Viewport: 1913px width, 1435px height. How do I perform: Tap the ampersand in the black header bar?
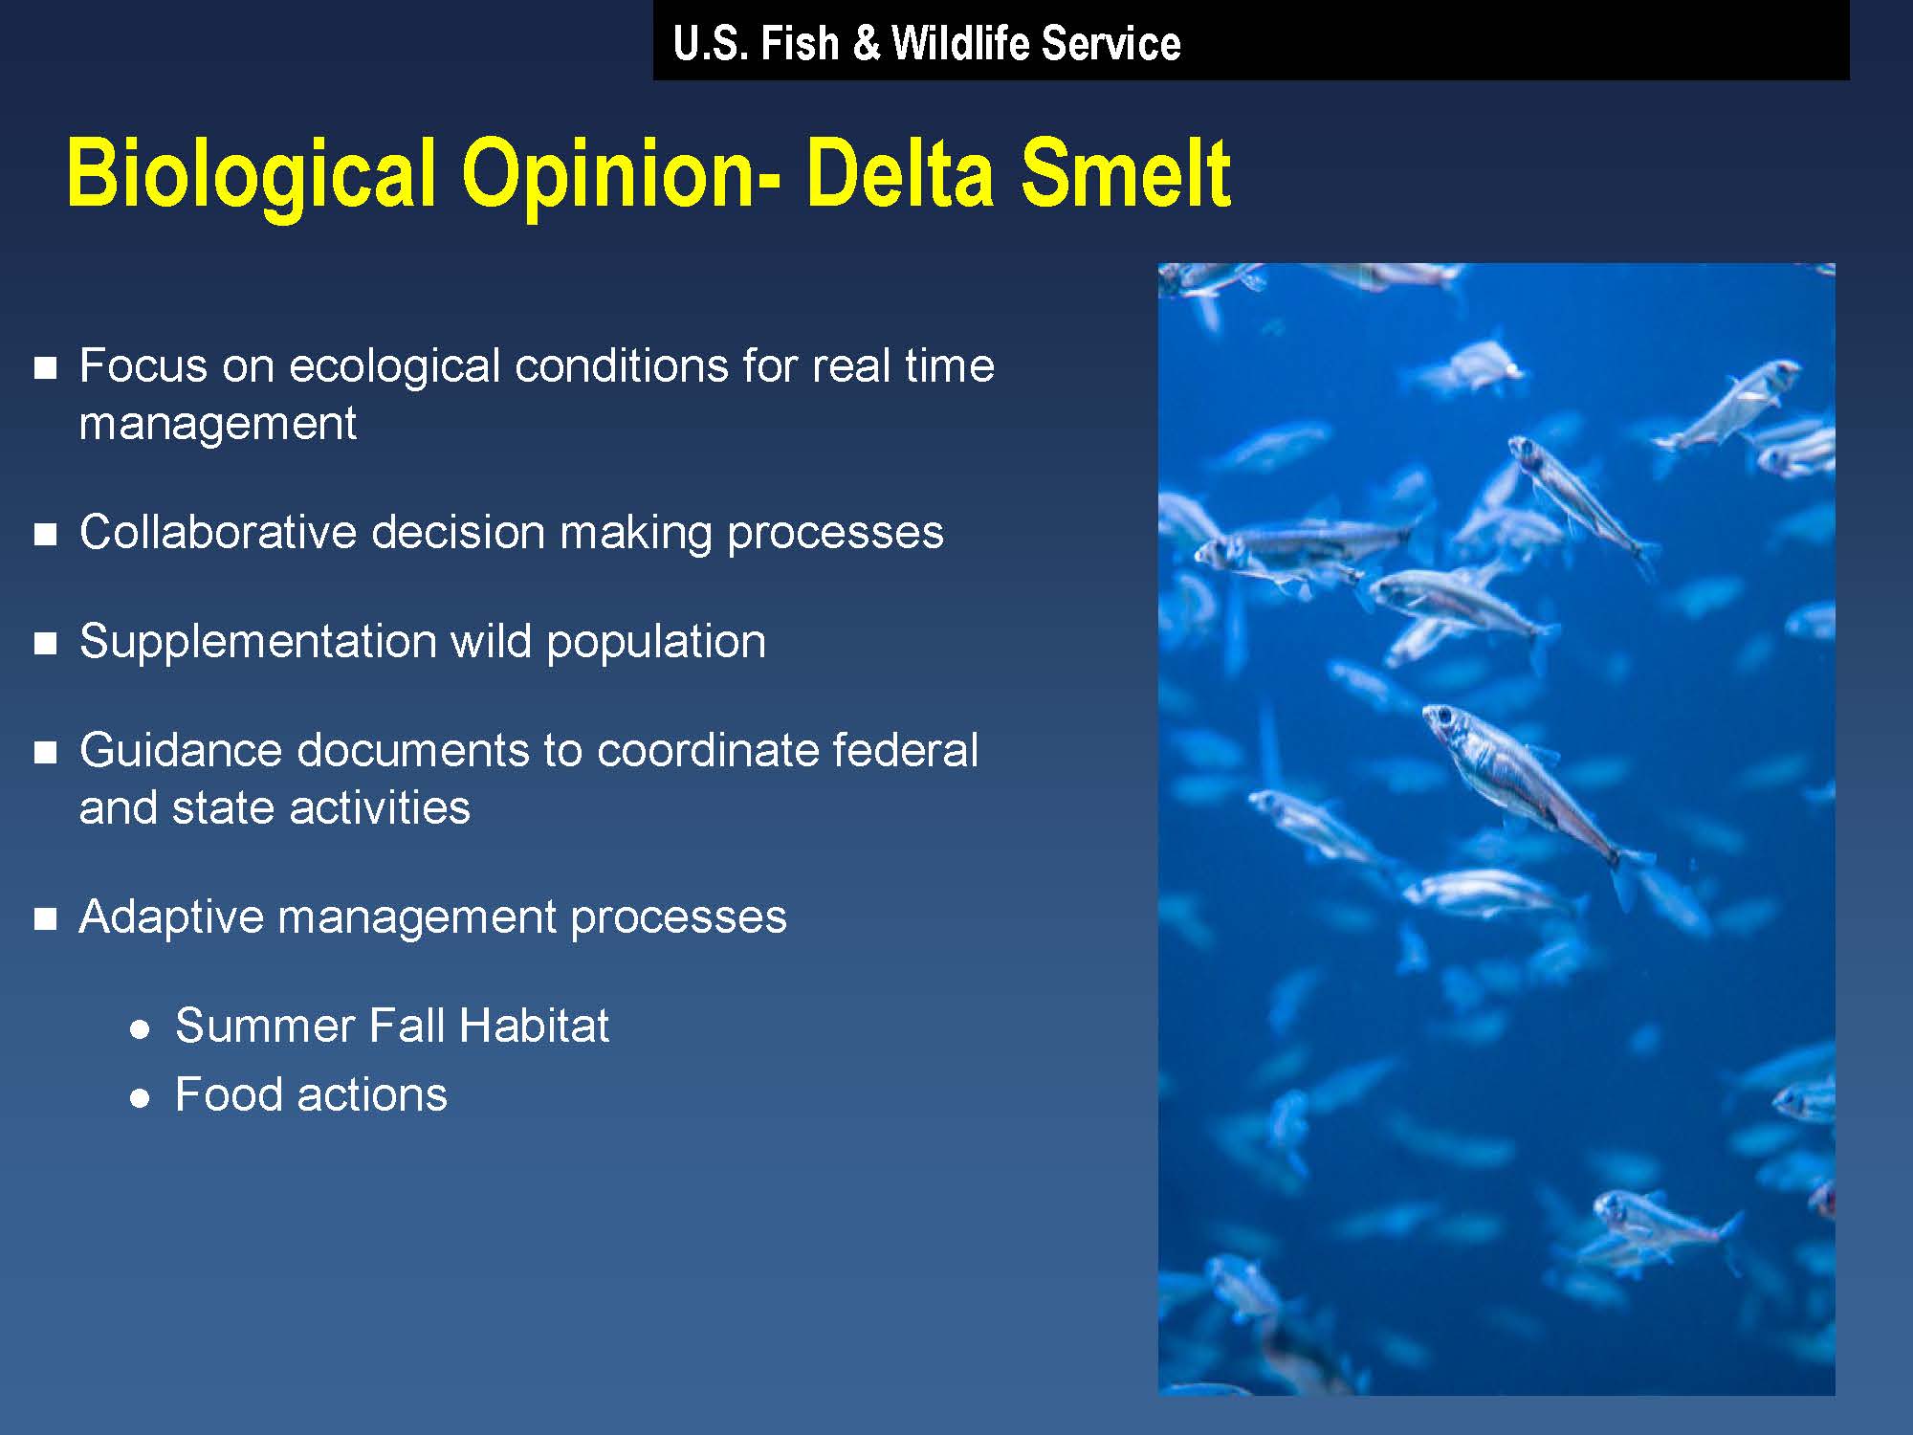click(x=866, y=44)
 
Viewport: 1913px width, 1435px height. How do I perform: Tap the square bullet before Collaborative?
click(x=45, y=535)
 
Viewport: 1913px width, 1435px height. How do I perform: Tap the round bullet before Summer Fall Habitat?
click(x=141, y=1029)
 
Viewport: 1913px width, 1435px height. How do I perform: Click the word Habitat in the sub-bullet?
click(x=533, y=1026)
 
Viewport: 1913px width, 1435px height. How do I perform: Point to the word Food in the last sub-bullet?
click(x=229, y=1094)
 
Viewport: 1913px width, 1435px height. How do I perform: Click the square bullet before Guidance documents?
click(x=45, y=753)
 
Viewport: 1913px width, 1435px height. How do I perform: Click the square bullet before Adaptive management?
click(x=45, y=919)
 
